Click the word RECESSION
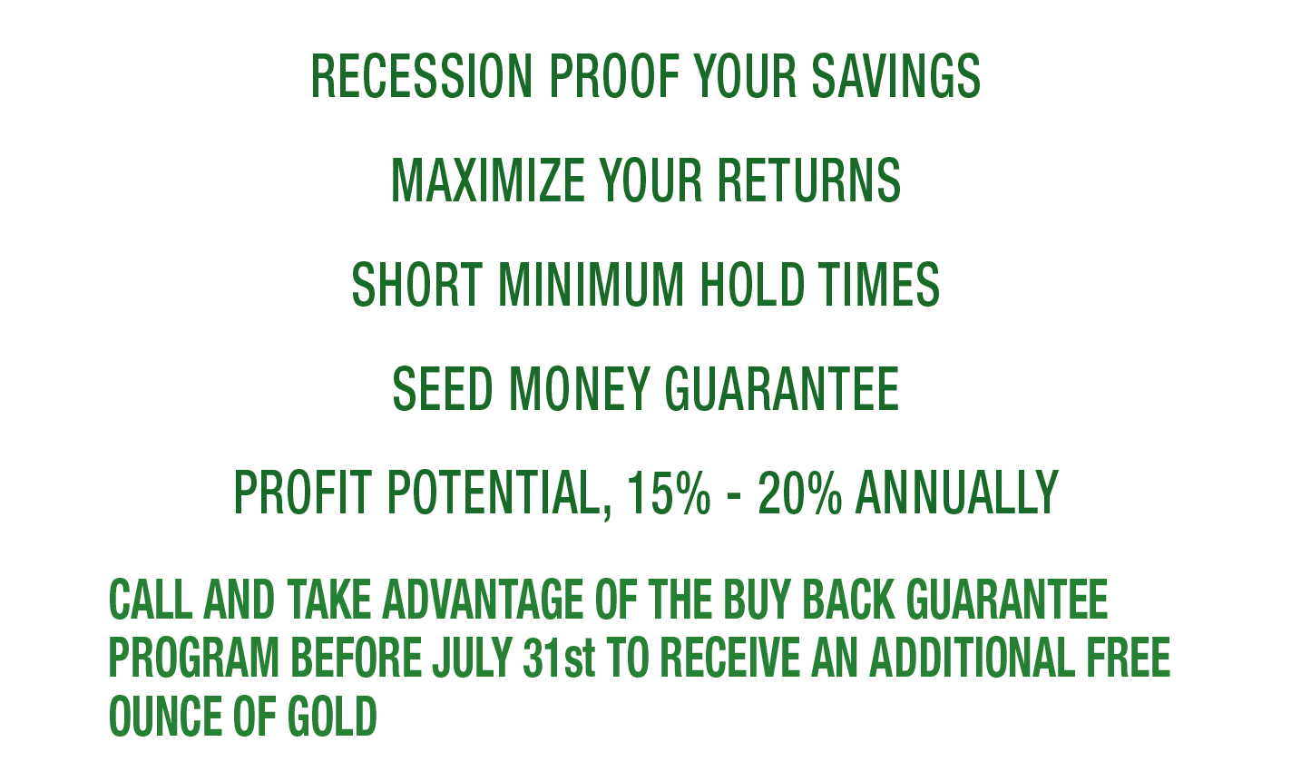[422, 76]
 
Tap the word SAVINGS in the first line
[896, 76]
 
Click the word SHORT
[417, 284]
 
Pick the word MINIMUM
[591, 284]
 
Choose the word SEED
[443, 388]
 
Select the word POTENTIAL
[500, 494]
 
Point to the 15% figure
[669, 493]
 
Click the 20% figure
[800, 493]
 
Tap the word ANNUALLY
[957, 493]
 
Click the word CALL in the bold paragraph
[151, 600]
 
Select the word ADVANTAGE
[483, 600]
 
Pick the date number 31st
[559, 658]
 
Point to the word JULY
[472, 658]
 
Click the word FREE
[1128, 658]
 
